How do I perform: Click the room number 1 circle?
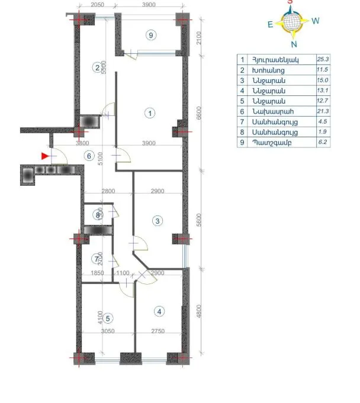[x=150, y=112]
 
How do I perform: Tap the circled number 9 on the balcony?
[x=151, y=36]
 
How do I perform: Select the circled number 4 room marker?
[x=159, y=311]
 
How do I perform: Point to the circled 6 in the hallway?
[x=89, y=156]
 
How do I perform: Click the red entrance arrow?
[x=45, y=156]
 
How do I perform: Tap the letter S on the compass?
[x=290, y=2]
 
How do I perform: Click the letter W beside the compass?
[x=316, y=21]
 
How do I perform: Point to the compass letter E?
[x=270, y=24]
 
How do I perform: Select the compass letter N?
[x=294, y=44]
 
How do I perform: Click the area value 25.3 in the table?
[x=323, y=60]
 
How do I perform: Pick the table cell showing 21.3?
[x=323, y=111]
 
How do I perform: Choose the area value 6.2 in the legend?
[x=323, y=143]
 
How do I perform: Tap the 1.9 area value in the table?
[x=323, y=132]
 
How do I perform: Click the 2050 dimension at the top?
[x=98, y=4]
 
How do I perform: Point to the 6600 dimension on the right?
[x=199, y=112]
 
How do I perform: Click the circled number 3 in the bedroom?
[x=157, y=221]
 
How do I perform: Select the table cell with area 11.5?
[x=323, y=70]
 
